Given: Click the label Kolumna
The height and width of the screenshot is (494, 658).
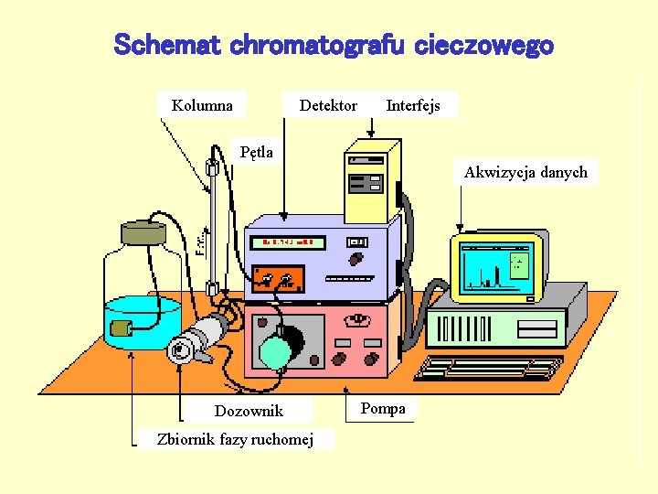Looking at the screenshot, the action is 202,105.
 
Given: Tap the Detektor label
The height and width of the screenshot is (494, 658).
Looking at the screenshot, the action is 328,105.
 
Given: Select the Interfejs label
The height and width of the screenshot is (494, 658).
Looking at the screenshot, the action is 413,105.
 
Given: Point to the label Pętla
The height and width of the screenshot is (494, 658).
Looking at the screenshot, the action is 256,152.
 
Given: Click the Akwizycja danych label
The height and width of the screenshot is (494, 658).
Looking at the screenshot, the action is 525,172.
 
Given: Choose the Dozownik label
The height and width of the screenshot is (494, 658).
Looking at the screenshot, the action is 249,411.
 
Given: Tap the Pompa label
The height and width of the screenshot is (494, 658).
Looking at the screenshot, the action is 383,408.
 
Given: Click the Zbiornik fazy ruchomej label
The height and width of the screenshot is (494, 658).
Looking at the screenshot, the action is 235,439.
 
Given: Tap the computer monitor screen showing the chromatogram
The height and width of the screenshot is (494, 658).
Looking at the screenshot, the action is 496,266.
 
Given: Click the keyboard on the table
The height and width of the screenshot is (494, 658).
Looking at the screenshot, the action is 489,368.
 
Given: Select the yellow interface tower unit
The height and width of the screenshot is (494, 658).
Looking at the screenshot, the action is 370,178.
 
